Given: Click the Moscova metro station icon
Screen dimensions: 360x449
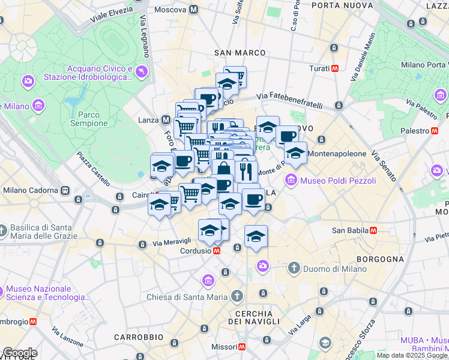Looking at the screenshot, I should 193,10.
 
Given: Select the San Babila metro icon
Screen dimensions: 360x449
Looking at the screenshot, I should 373,230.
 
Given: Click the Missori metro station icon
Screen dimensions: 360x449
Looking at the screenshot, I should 242,347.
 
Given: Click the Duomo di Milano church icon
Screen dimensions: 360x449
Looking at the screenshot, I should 294,268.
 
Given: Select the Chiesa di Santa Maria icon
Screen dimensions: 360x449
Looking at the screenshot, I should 237,296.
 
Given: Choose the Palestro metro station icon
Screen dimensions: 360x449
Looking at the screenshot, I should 434,130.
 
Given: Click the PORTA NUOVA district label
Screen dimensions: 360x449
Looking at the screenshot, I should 337,5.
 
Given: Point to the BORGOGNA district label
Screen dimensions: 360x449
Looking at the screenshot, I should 380,259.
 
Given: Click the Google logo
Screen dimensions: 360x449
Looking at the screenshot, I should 20,353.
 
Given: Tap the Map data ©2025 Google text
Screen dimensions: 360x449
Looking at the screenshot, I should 411,355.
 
